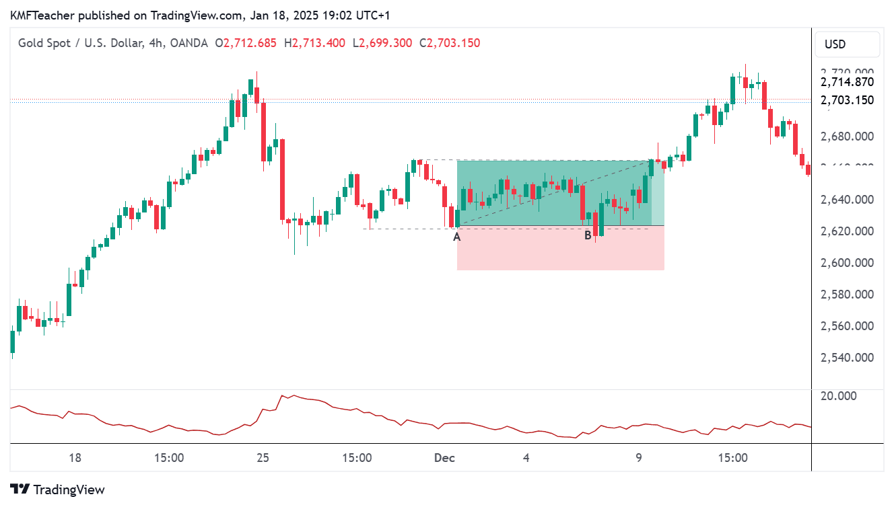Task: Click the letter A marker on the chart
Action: point(457,236)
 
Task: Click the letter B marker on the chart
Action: point(588,235)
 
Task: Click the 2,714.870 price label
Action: point(847,82)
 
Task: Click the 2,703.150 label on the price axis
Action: point(847,100)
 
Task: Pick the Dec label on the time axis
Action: point(444,458)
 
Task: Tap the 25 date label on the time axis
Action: point(263,458)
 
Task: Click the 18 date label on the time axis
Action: point(75,458)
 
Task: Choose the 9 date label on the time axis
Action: point(639,458)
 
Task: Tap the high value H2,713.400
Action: point(314,43)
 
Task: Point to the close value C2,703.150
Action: point(450,43)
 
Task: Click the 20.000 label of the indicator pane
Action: point(838,395)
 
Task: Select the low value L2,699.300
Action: point(382,43)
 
